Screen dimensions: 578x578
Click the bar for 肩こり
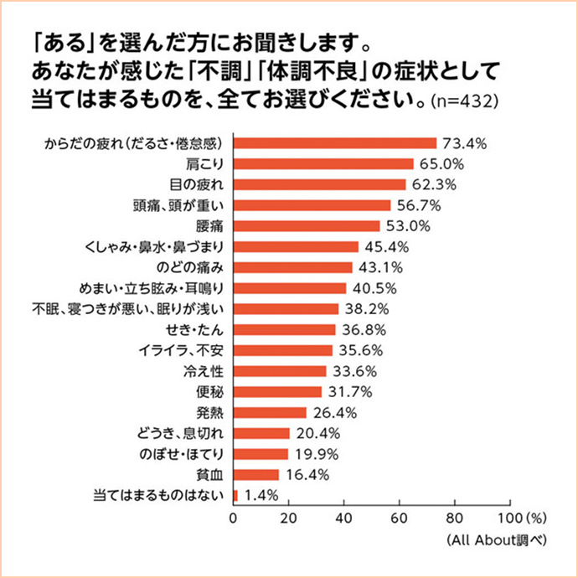pyautogui.click(x=323, y=163)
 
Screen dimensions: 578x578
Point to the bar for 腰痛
pyautogui.click(x=307, y=225)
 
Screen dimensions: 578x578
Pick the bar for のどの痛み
pyautogui.click(x=293, y=267)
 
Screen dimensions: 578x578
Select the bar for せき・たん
pyautogui.click(x=284, y=329)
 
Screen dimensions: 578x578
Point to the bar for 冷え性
pyautogui.click(x=280, y=371)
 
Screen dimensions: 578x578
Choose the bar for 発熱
pyautogui.click(x=270, y=412)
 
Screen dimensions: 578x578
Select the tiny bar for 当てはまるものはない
pyautogui.click(x=235, y=495)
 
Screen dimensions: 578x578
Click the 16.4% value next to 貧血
pyautogui.click(x=306, y=474)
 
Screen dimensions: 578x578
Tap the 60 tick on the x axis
pyautogui.click(x=400, y=516)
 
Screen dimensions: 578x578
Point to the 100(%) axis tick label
pyautogui.click(x=523, y=516)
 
